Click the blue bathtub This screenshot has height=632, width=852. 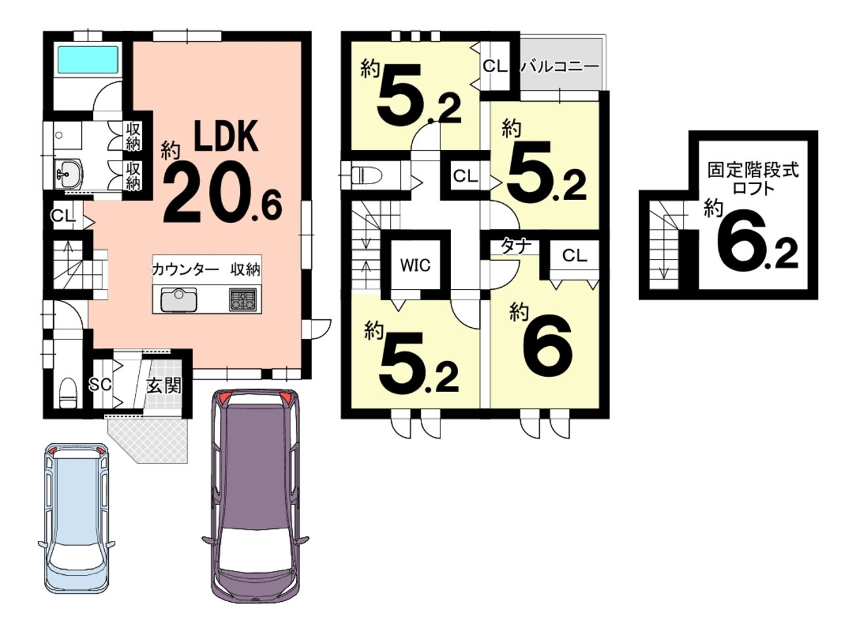point(88,60)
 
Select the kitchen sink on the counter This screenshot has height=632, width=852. point(179,300)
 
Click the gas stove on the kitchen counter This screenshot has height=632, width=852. point(242,299)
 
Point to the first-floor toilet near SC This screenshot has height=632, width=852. point(68,393)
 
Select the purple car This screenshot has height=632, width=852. point(256,495)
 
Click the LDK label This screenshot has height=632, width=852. point(226,136)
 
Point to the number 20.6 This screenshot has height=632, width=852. point(223,192)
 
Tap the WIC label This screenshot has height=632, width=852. point(416,265)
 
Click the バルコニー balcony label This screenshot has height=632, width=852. point(560,67)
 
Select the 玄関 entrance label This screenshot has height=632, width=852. point(164,385)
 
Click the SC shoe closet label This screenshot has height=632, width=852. point(100,384)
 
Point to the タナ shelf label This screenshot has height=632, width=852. point(516,247)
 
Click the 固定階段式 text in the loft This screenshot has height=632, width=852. point(753,170)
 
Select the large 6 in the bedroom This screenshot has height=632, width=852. point(547,347)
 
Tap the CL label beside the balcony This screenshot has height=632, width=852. point(495,66)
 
